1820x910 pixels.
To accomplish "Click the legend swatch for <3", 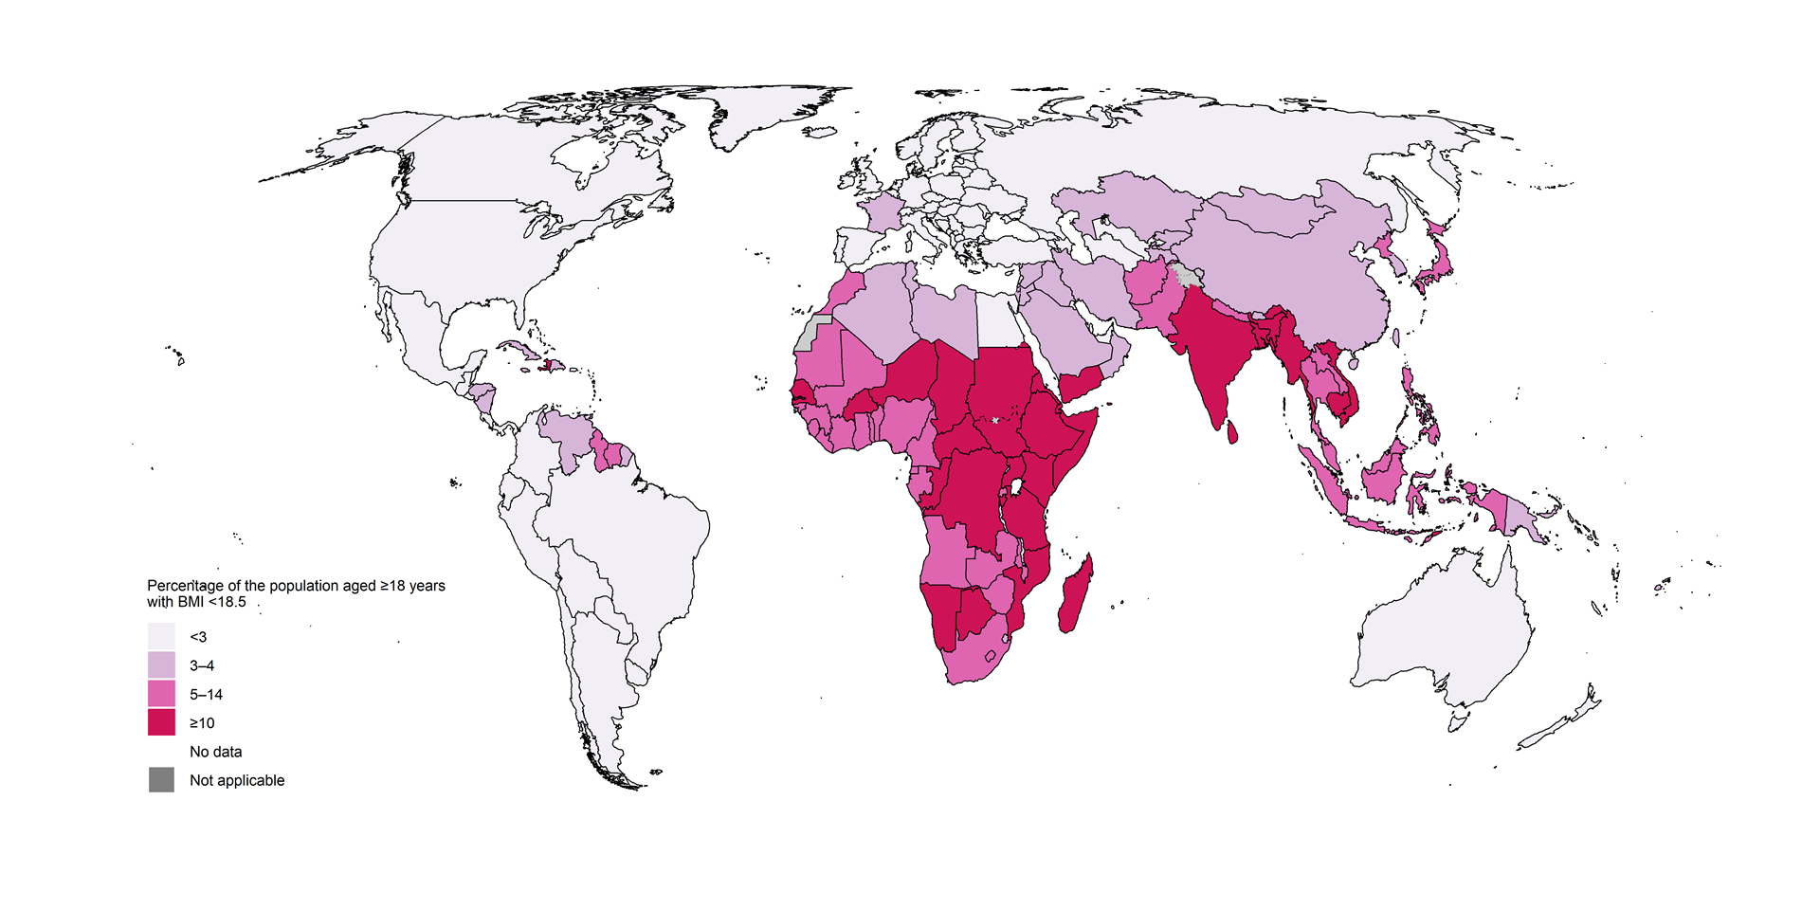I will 161,636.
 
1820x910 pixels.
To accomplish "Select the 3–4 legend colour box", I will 161,664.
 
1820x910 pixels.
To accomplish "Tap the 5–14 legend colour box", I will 161,693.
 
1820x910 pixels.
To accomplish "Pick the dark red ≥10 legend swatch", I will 161,721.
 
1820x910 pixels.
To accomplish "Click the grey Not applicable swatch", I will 161,779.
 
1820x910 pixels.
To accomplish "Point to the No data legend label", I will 215,752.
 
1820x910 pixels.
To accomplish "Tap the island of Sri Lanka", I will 1232,432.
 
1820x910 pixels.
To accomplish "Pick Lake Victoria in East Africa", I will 1017,487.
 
